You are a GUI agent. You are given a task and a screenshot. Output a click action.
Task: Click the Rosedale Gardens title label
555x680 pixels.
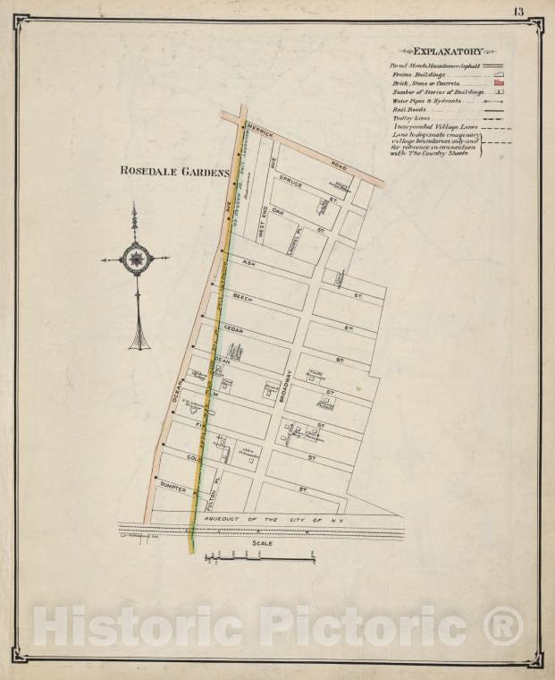[174, 171]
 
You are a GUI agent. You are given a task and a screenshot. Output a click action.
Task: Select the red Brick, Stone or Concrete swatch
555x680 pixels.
[500, 82]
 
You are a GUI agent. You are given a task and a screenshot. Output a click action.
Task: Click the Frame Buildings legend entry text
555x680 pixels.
[421, 74]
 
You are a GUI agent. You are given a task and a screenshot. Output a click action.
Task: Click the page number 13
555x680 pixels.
[519, 11]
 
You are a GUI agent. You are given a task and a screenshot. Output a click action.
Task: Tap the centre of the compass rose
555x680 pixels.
[136, 259]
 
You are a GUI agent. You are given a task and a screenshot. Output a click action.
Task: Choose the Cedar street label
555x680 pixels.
[233, 329]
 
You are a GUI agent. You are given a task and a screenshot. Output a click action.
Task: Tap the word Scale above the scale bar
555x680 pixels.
[262, 542]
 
